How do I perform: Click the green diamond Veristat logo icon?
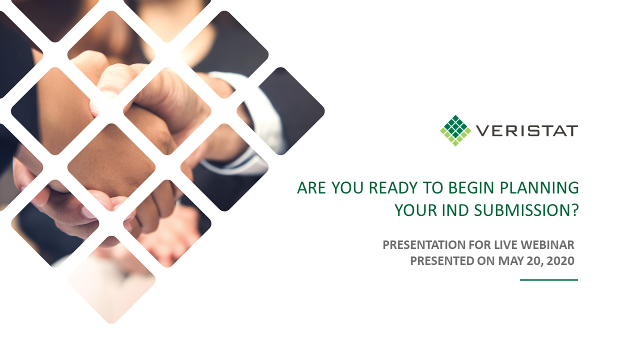(x=455, y=130)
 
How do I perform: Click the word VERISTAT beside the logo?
(x=527, y=131)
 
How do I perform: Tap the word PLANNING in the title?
(x=539, y=187)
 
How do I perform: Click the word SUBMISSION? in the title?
(x=526, y=210)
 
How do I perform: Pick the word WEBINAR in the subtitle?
(x=547, y=245)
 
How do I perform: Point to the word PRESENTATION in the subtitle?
(x=424, y=245)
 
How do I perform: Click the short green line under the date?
(x=549, y=280)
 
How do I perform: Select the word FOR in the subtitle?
(x=480, y=245)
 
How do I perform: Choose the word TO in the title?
(x=433, y=187)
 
